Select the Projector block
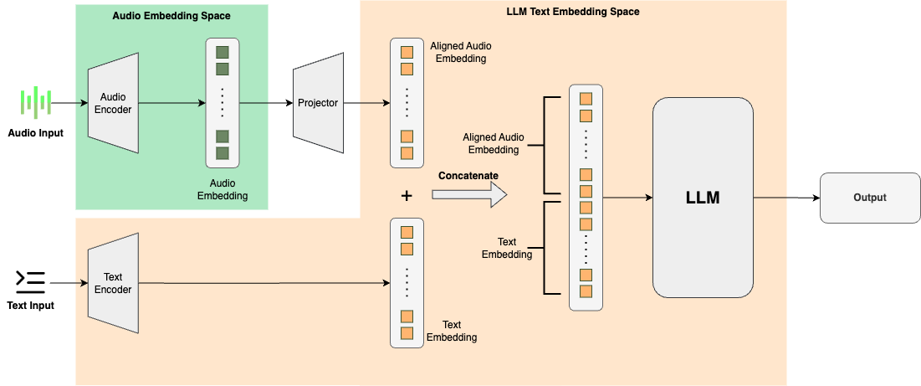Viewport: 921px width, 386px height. coord(318,103)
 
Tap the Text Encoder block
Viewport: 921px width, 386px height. coord(113,283)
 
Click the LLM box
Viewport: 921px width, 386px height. coord(703,198)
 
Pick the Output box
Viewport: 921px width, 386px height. coord(869,198)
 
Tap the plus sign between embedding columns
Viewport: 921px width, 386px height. coord(407,196)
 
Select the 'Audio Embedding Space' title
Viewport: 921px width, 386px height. coord(171,16)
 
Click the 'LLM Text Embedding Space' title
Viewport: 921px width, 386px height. coord(573,13)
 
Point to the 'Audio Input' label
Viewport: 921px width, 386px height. coord(36,132)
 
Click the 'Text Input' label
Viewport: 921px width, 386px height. coord(30,306)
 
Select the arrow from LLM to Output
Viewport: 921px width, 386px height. coord(786,198)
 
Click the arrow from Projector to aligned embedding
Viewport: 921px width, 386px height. coord(366,103)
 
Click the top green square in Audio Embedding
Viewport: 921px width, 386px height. coord(223,53)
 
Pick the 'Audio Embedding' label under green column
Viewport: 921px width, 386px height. coord(223,190)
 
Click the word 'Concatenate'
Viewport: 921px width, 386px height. coord(468,175)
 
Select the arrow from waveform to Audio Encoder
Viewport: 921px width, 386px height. coord(71,103)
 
